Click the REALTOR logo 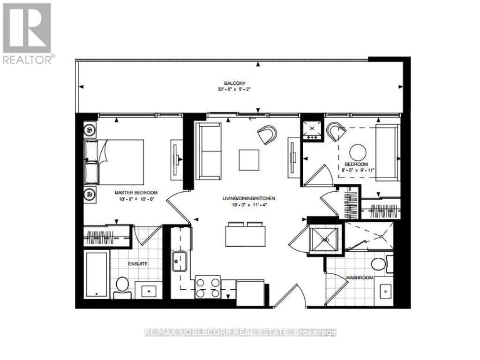[x=27, y=33]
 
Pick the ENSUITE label [x=138, y=264]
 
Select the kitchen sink [x=180, y=261]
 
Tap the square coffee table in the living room [x=248, y=160]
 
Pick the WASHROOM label [x=359, y=277]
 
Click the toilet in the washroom [x=379, y=264]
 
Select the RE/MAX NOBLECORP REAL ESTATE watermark [x=240, y=332]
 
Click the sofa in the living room [x=208, y=151]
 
